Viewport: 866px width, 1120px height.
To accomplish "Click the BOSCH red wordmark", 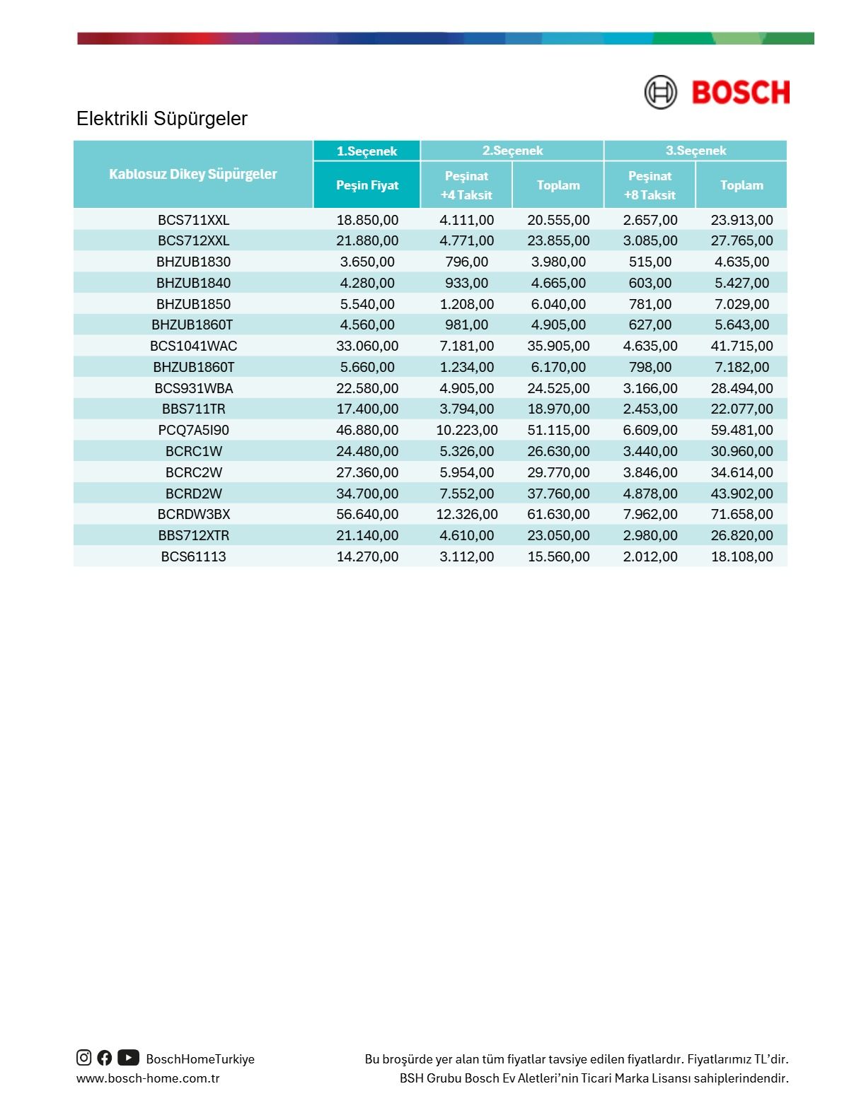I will [x=740, y=93].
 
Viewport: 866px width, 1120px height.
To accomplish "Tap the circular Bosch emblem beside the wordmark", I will [x=660, y=93].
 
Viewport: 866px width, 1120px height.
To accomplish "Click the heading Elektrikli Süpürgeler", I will [x=161, y=118].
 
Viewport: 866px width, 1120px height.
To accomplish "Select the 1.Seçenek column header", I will [x=366, y=151].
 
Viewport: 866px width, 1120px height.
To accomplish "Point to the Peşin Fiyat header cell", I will [x=366, y=185].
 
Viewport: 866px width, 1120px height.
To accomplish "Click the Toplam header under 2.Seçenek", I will [x=558, y=185].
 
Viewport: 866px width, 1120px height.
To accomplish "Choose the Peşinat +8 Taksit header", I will [x=649, y=185].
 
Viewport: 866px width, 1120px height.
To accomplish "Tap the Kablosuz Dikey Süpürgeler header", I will [x=192, y=174].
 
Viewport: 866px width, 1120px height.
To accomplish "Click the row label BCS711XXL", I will [x=193, y=220].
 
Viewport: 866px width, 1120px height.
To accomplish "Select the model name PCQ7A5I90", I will [x=193, y=430].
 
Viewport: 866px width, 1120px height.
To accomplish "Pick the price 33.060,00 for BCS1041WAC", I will [x=366, y=346].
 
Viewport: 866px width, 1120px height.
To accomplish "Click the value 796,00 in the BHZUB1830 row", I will [x=466, y=262].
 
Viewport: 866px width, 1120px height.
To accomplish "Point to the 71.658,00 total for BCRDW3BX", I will [x=741, y=514].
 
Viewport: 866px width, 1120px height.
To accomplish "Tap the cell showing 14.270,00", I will [x=366, y=556].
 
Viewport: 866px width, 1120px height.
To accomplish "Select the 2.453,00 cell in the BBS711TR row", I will [x=649, y=409].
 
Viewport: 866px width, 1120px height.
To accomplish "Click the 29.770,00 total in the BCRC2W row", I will [x=558, y=472].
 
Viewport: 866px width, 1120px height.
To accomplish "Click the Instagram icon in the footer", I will [x=83, y=1058].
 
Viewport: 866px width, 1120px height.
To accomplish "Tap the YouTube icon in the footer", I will [x=128, y=1058].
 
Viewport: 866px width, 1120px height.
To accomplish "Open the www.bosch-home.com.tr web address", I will [x=148, y=1078].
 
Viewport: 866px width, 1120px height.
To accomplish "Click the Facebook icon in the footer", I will [x=105, y=1058].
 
